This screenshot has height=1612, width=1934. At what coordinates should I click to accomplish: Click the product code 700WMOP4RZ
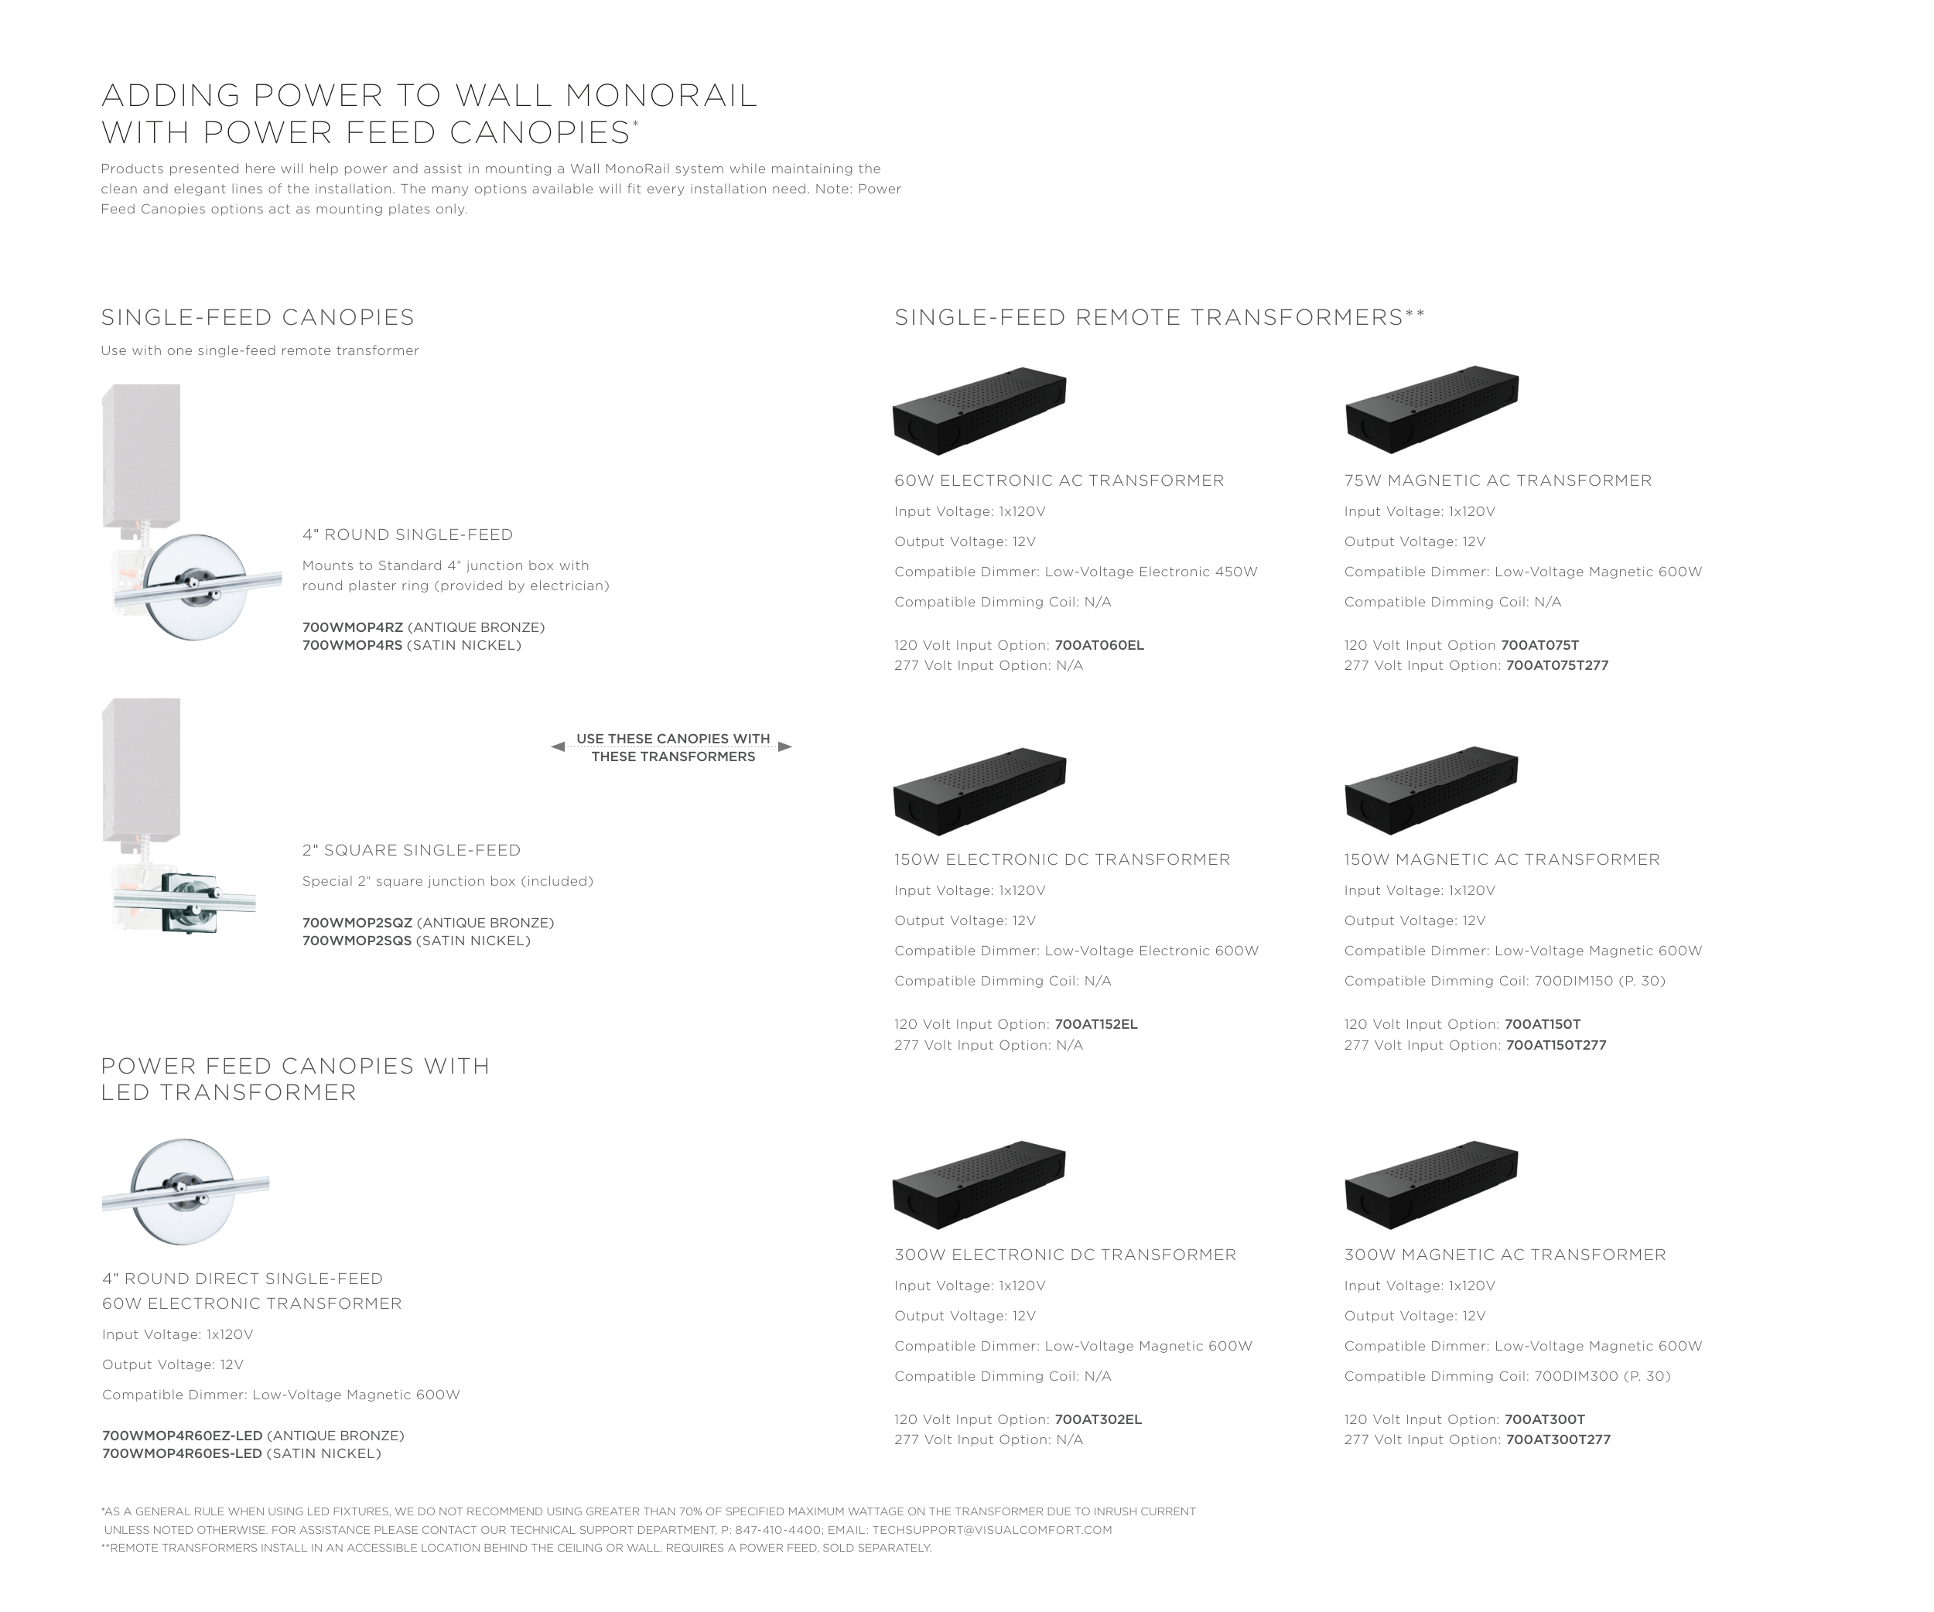pos(353,627)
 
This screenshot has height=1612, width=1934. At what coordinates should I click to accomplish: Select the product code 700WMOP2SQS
pos(357,941)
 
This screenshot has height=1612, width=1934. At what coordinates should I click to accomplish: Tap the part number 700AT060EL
pos(1099,645)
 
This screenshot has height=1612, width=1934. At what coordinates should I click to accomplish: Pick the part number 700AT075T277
pos(1557,665)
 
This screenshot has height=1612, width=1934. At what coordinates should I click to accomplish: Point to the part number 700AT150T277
pos(1556,1045)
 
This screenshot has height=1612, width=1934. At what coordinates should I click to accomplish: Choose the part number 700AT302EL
pos(1099,1419)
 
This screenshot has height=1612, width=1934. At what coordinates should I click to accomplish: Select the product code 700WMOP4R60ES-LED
pos(183,1453)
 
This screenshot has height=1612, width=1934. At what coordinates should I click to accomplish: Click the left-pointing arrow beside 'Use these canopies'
pos(558,746)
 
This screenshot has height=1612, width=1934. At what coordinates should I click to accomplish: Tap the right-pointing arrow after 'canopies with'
pos(784,746)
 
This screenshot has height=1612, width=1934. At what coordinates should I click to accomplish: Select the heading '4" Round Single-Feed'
pos(408,534)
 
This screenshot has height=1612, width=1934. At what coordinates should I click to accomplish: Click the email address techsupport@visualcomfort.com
pos(992,1530)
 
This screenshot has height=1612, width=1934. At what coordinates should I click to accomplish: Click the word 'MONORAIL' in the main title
pos(661,96)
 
